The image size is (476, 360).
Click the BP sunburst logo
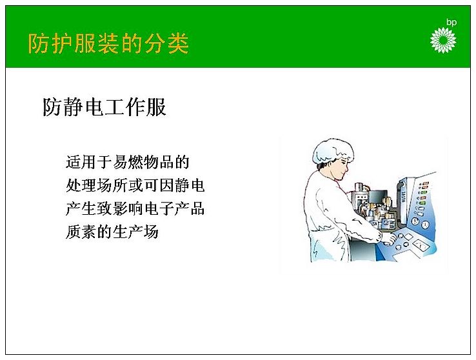pyautogui.click(x=443, y=40)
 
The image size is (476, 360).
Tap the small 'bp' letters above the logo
pyautogui.click(x=451, y=22)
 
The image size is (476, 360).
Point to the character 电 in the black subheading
pyautogui.click(x=94, y=107)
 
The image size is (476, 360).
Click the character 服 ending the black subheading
pyautogui.click(x=155, y=107)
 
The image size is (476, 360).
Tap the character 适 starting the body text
pyautogui.click(x=74, y=162)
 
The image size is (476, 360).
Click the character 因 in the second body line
pyautogui.click(x=166, y=185)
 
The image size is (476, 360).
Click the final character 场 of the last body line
pyautogui.click(x=151, y=232)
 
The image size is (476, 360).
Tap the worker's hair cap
pyautogui.click(x=332, y=151)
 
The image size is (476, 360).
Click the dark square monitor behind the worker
pyautogui.click(x=378, y=197)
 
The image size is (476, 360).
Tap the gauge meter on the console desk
pyautogui.click(x=421, y=245)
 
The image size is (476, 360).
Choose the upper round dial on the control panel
pyautogui.click(x=415, y=221)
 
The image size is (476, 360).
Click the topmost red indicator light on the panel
pyautogui.click(x=425, y=184)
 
